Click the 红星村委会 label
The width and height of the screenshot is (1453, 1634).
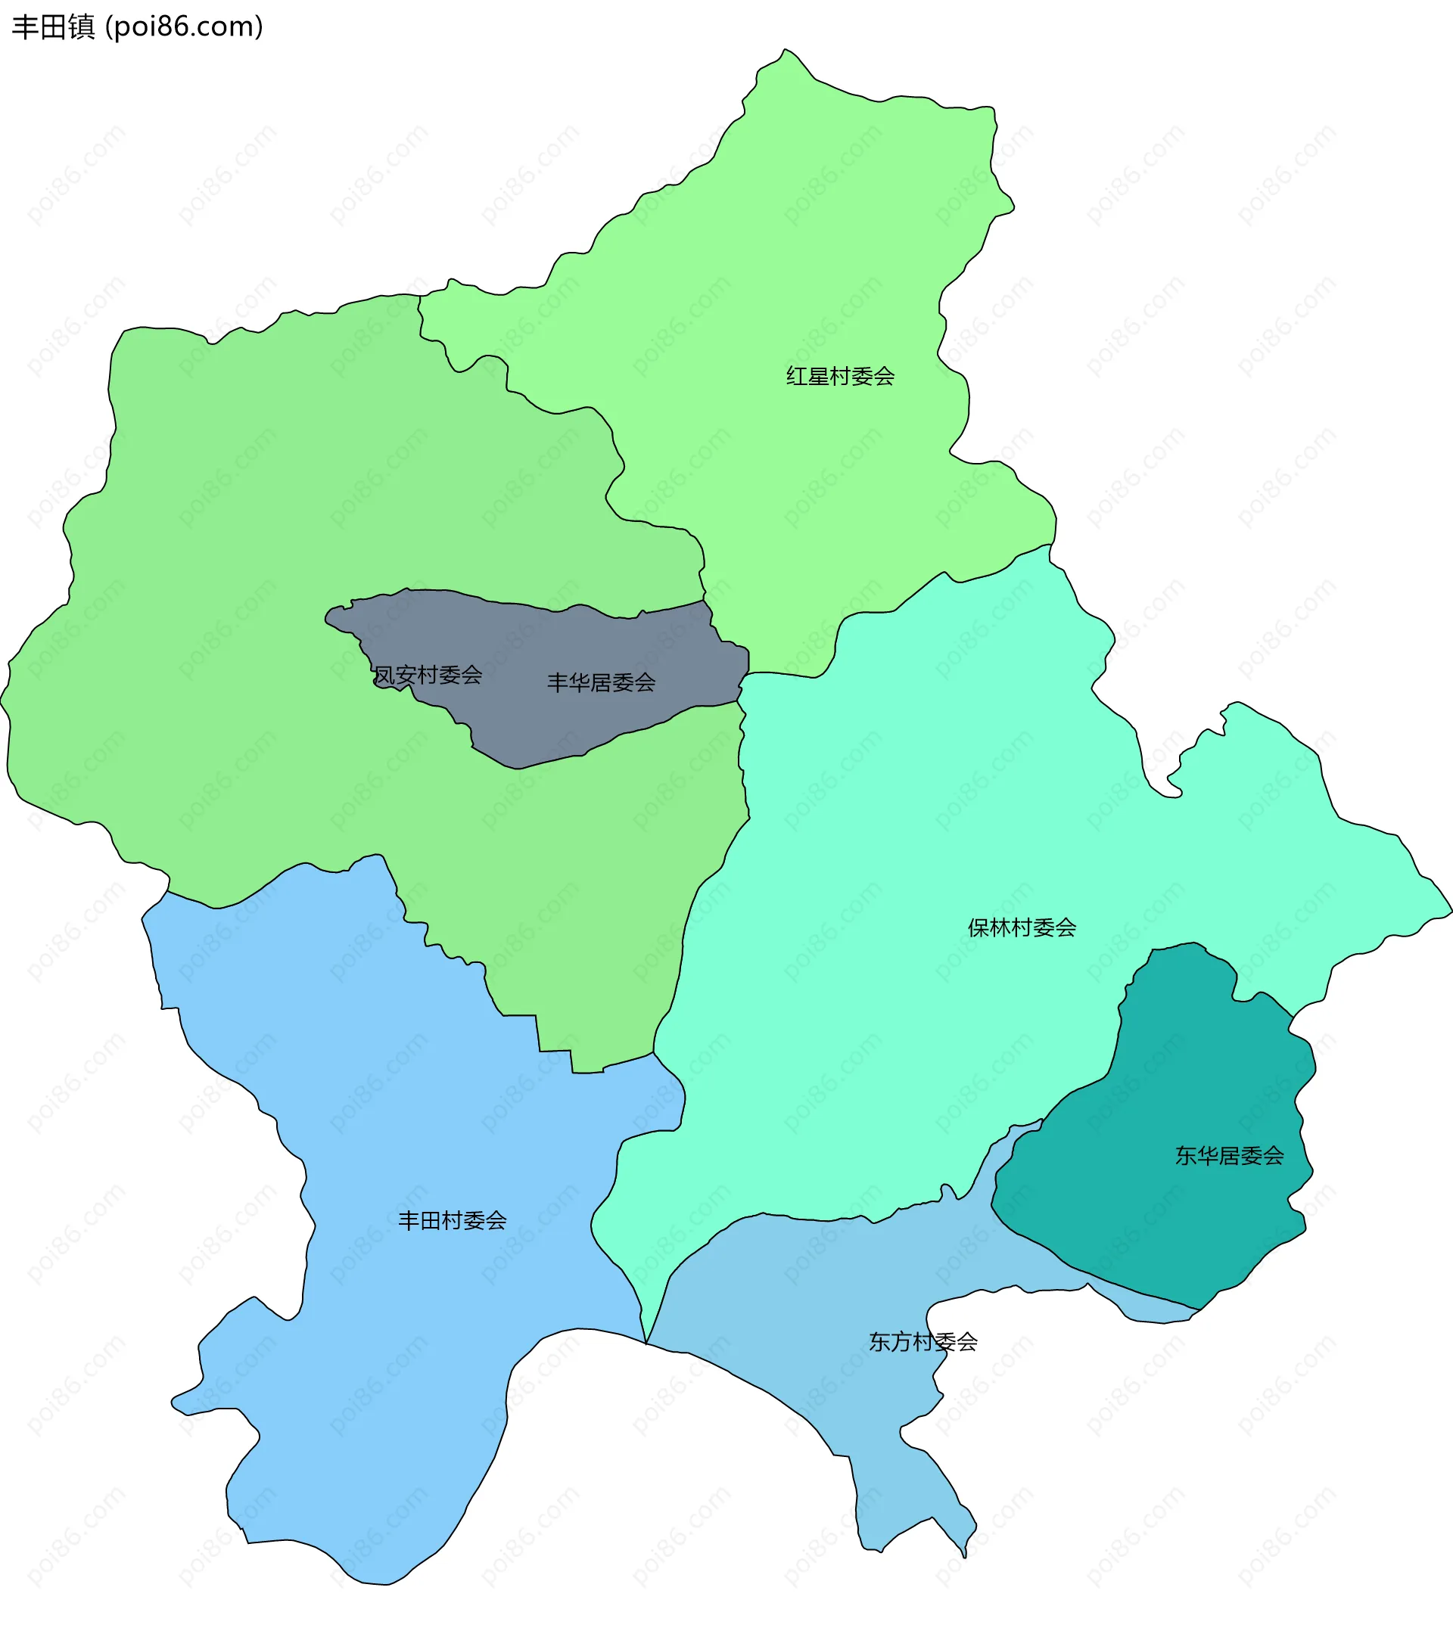pos(840,376)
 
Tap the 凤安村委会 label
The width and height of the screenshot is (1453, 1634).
pos(428,675)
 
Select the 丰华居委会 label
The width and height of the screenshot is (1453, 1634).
pos(602,682)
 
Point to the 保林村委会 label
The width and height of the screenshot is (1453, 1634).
pos(1022,927)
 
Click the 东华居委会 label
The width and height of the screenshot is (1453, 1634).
pos(1229,1155)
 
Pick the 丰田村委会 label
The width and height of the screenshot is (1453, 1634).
pos(453,1220)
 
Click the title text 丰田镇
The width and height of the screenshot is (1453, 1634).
pos(54,27)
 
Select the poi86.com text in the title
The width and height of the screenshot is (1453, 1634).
pos(184,27)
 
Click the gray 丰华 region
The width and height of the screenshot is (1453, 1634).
pos(544,719)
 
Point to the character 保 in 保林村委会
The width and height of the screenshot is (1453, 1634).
pos(979,927)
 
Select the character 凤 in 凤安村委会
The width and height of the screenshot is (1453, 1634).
pos(384,675)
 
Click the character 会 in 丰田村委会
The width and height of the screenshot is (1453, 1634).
pos(496,1220)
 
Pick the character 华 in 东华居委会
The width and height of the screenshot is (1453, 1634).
pos(1208,1155)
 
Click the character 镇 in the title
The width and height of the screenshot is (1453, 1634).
pos(82,27)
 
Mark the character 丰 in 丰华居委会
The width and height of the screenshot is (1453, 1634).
pos(558,682)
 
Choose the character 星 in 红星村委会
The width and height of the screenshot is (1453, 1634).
pos(818,376)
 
